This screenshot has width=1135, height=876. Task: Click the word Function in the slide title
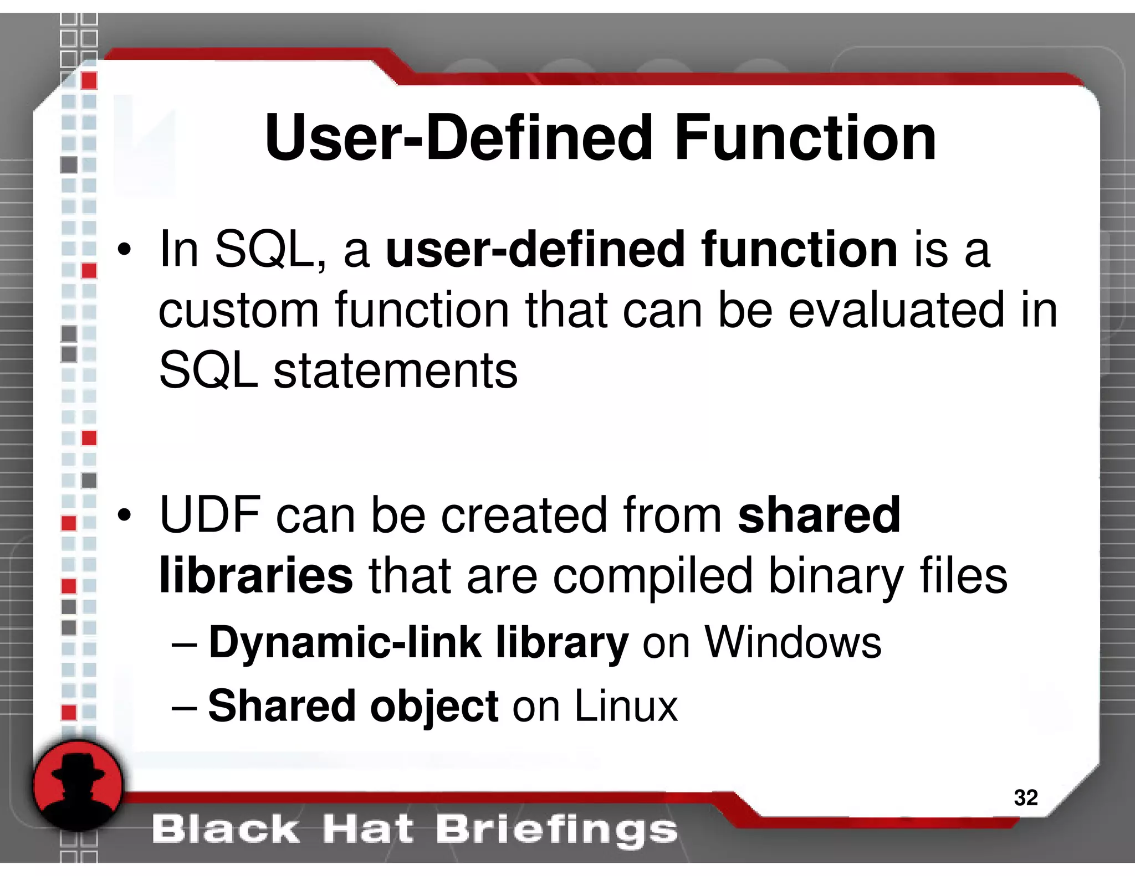805,138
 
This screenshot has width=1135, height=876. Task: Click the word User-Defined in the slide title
459,138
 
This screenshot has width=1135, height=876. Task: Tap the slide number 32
1025,797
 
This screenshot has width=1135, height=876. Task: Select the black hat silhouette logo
78,786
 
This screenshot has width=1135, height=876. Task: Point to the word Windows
793,643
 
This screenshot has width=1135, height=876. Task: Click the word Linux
626,706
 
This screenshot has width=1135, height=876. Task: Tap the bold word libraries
255,576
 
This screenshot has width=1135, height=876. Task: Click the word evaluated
896,310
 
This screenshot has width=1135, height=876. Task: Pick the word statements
395,370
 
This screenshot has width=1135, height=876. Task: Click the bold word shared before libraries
819,515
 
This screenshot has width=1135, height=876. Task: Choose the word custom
239,310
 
